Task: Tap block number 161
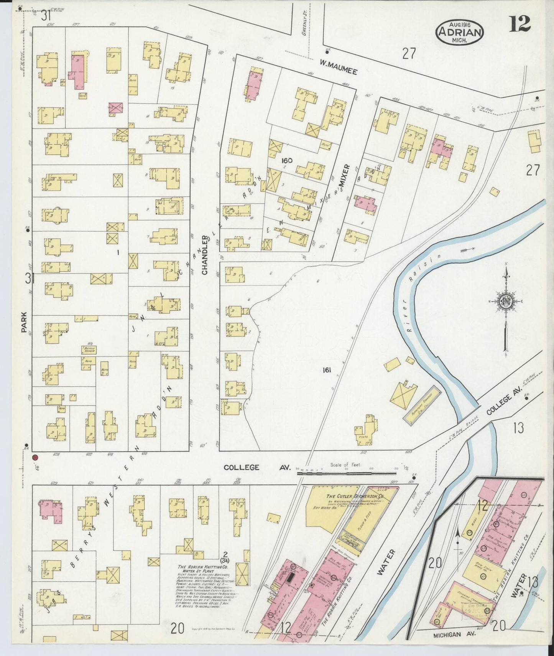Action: pyautogui.click(x=327, y=370)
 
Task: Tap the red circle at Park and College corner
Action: pyautogui.click(x=35, y=457)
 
